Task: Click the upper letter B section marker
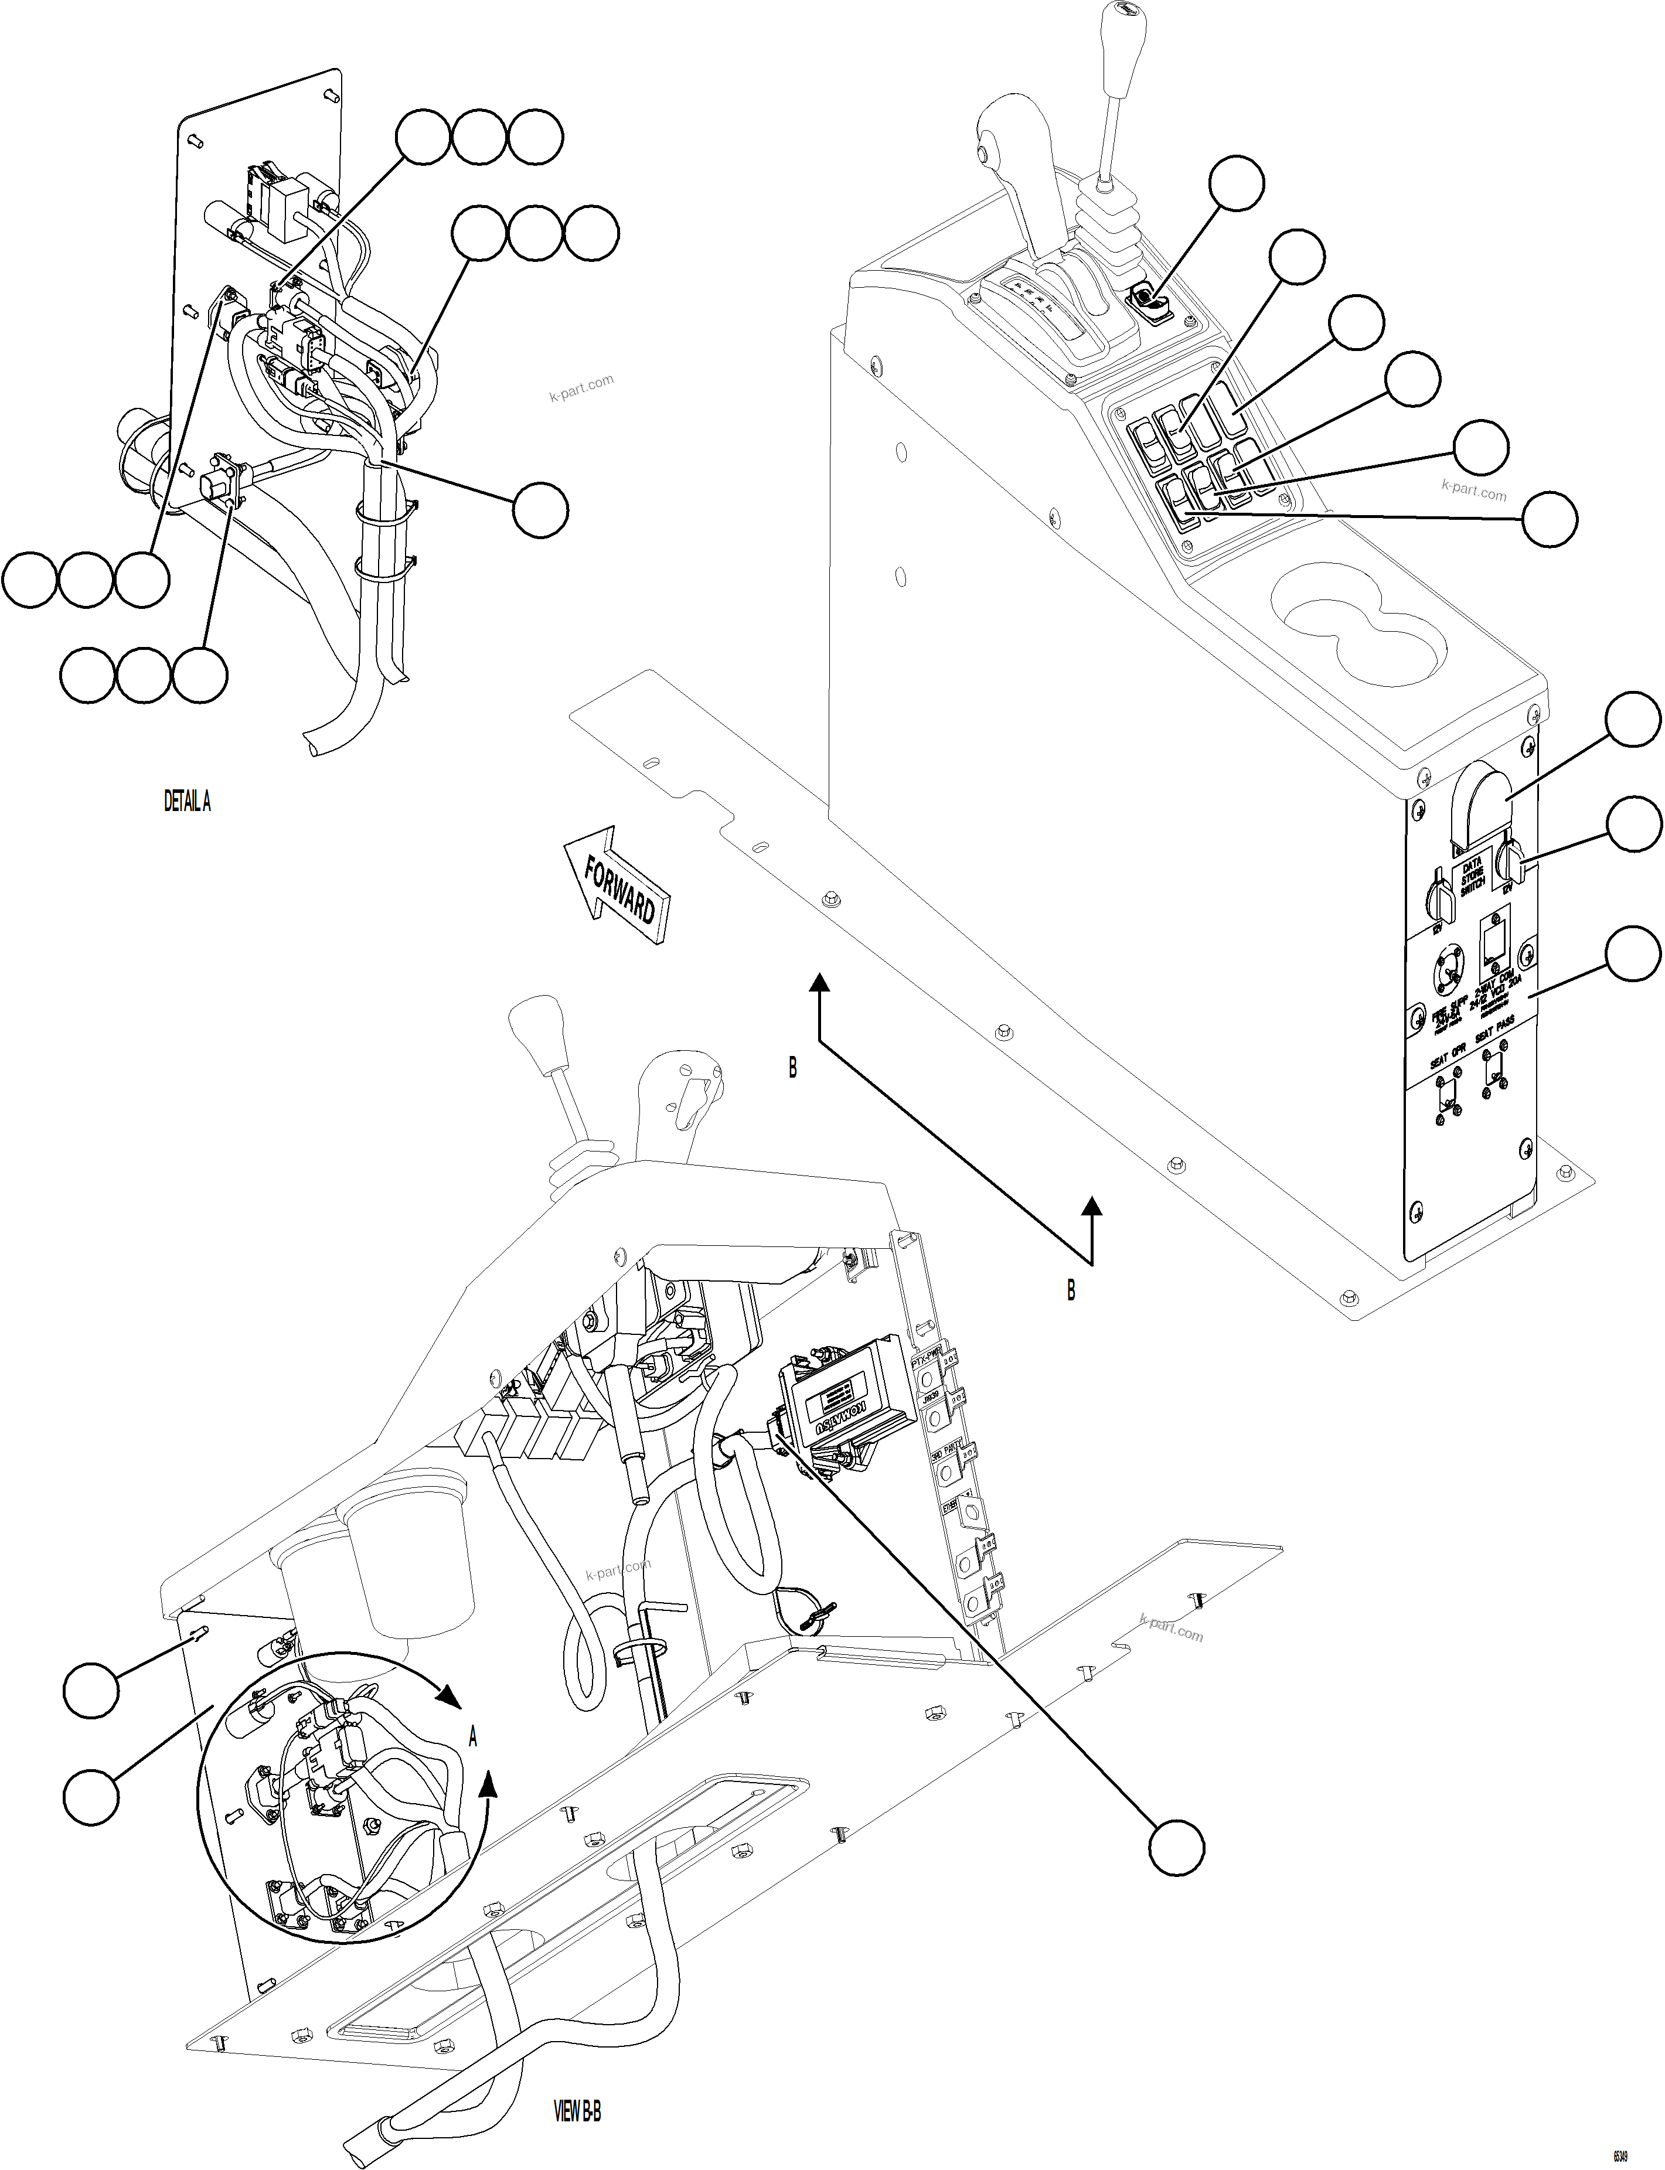pos(792,1068)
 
